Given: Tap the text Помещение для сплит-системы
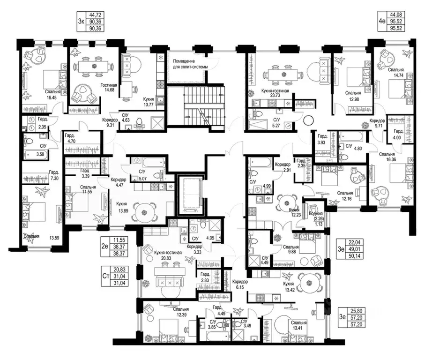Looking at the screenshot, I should [x=190, y=64].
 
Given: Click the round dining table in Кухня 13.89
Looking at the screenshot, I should [x=143, y=212].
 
